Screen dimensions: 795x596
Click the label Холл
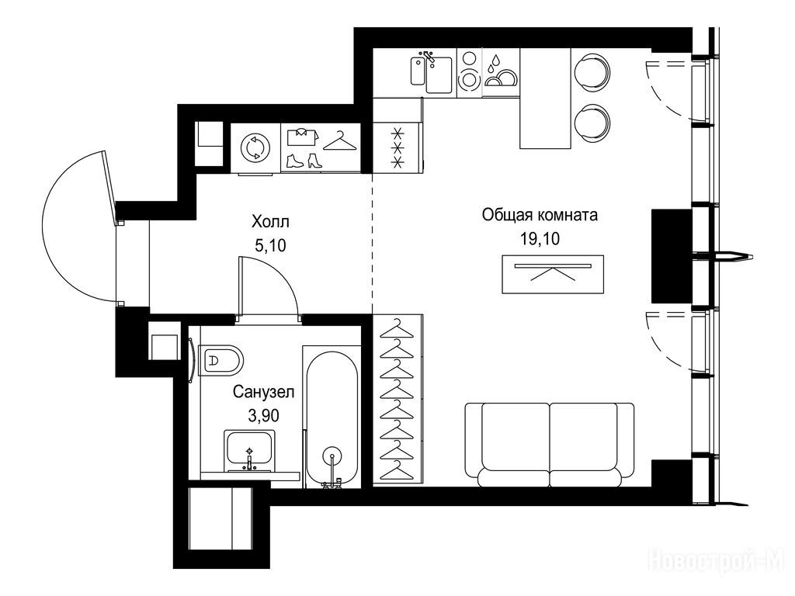click(270, 222)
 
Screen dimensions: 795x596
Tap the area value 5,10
click(270, 246)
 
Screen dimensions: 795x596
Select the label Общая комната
click(540, 215)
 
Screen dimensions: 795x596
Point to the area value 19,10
click(540, 238)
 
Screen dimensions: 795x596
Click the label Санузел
click(264, 392)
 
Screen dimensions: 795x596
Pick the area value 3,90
click(263, 416)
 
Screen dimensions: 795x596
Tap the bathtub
click(332, 418)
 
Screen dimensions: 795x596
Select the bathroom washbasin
click(249, 451)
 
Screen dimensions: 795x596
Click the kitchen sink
click(432, 74)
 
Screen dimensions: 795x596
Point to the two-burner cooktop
click(469, 72)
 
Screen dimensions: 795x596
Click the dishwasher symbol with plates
click(501, 72)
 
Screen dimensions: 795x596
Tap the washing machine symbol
click(255, 148)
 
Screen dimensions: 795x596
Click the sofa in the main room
click(550, 445)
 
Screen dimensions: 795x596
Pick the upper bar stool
click(592, 71)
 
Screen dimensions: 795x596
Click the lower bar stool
click(592, 123)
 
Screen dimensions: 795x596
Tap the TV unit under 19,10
click(553, 274)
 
